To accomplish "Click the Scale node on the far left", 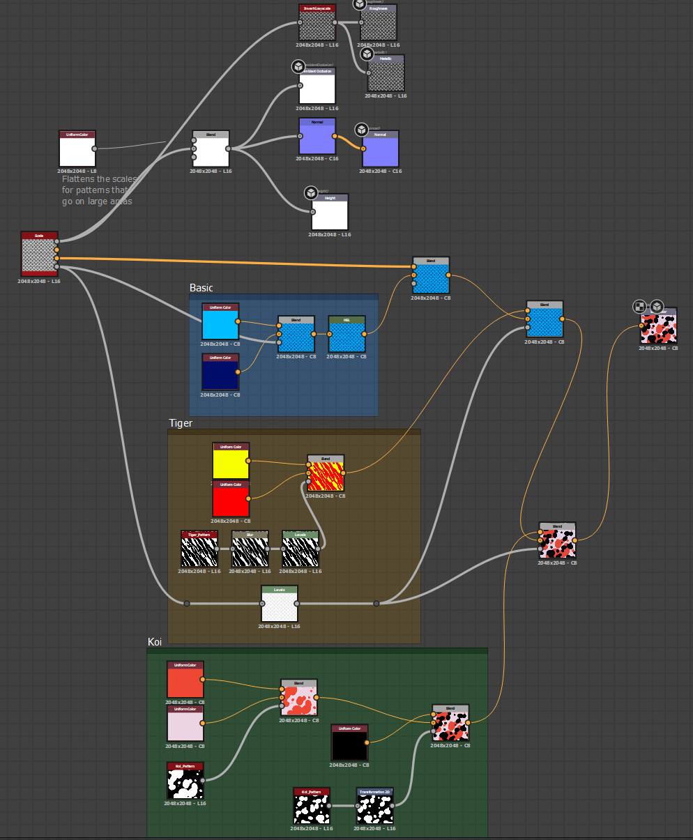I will pyautogui.click(x=39, y=254).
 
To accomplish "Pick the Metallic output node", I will pyautogui.click(x=386, y=73).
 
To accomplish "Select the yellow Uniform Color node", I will pyautogui.click(x=231, y=461).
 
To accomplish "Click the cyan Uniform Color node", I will pyautogui.click(x=220, y=322).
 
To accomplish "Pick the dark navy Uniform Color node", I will pyautogui.click(x=220, y=372).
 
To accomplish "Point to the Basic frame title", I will pyautogui.click(x=201, y=288).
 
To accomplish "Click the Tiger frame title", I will pyautogui.click(x=181, y=423).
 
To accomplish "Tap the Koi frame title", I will pyautogui.click(x=155, y=642).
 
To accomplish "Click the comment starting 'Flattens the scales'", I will pyautogui.click(x=100, y=190).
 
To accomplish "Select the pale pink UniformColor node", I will pyautogui.click(x=185, y=724).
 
